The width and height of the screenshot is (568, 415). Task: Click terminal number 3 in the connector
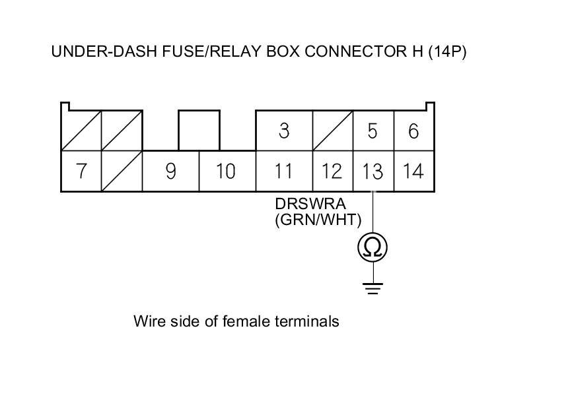(284, 131)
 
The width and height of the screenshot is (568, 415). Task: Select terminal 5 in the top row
(373, 131)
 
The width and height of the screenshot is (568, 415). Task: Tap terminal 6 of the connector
(413, 131)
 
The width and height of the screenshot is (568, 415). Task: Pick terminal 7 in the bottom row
(81, 171)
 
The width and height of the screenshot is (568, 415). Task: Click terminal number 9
(170, 171)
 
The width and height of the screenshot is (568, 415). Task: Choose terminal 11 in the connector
(284, 171)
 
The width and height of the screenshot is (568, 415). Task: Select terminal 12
(332, 171)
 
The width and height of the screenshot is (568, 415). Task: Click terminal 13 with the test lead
(373, 171)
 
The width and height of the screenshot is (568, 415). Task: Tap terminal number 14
(413, 171)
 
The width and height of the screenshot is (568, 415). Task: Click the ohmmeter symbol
(373, 247)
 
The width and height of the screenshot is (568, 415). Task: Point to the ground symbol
(373, 288)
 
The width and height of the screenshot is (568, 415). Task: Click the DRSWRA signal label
(310, 204)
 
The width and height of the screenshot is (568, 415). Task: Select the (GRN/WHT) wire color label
(318, 220)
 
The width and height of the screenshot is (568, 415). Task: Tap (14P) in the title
(447, 51)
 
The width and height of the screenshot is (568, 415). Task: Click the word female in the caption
(246, 321)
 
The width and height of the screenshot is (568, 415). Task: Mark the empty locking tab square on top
(199, 131)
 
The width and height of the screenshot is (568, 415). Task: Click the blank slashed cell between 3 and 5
(332, 131)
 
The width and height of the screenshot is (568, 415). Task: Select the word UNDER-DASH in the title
(104, 51)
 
